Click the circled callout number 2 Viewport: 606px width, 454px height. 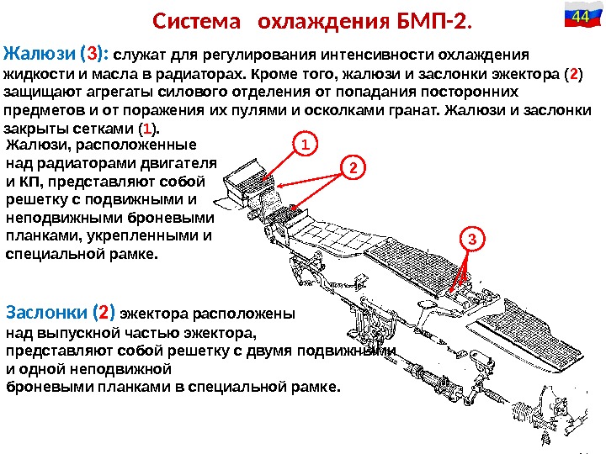(x=354, y=168)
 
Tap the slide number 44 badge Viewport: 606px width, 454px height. (x=579, y=17)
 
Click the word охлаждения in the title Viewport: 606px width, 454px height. (x=316, y=19)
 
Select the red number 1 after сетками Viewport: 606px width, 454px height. (x=147, y=129)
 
